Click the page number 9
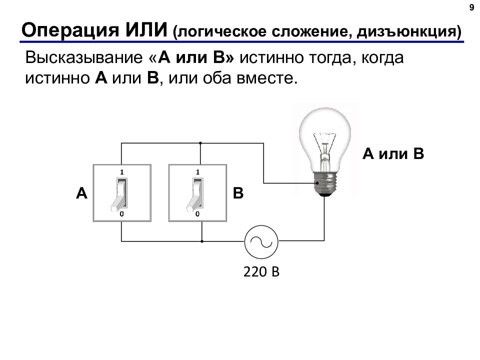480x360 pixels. (x=471, y=7)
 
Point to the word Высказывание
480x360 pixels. (x=84, y=57)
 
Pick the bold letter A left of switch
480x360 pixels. (x=81, y=193)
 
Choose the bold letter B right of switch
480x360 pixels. (x=238, y=193)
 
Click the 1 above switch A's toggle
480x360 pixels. (x=122, y=172)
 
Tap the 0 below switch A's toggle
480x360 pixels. (x=122, y=214)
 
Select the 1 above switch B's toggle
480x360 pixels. (x=197, y=172)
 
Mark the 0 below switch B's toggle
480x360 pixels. (x=197, y=214)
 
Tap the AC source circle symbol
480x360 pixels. (x=261, y=242)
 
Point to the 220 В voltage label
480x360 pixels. (x=261, y=271)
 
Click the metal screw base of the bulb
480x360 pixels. (x=325, y=184)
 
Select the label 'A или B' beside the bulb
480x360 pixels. (x=393, y=153)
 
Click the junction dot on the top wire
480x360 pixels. (x=200, y=143)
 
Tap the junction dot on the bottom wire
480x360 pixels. (x=202, y=241)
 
